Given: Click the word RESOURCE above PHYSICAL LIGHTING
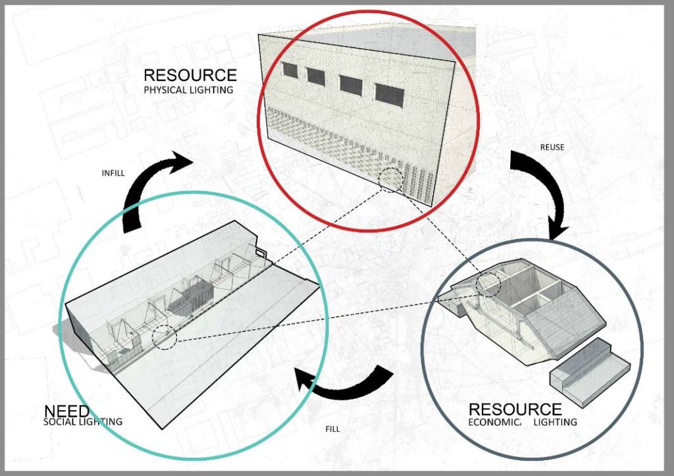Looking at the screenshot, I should pyautogui.click(x=190, y=75).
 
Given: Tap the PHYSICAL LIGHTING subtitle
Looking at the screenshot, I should pyautogui.click(x=188, y=90).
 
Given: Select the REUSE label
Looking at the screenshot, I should pyautogui.click(x=552, y=147).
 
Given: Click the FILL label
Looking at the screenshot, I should pyautogui.click(x=332, y=429).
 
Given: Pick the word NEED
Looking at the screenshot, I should pyautogui.click(x=66, y=411).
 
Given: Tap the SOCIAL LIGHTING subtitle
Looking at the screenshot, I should pyautogui.click(x=82, y=422).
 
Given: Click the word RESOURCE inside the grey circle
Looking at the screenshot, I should pyautogui.click(x=515, y=410).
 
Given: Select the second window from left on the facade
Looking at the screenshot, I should pyautogui.click(x=316, y=77).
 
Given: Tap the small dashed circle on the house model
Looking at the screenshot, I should pyautogui.click(x=488, y=284).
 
